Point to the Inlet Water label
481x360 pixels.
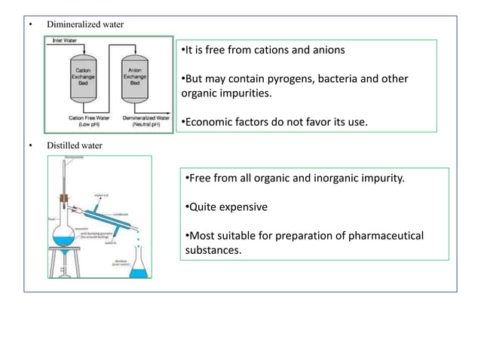click(x=63, y=40)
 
